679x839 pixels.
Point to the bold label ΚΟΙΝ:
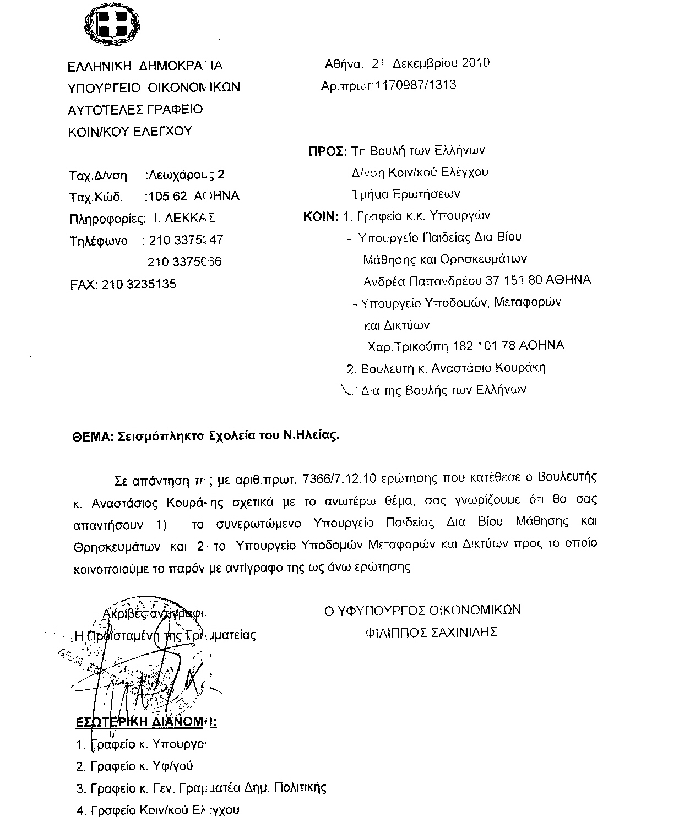[320, 216]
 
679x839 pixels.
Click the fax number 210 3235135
[139, 284]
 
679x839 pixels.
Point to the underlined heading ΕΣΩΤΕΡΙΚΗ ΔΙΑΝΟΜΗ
[145, 722]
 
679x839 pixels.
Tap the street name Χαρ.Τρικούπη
[408, 346]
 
